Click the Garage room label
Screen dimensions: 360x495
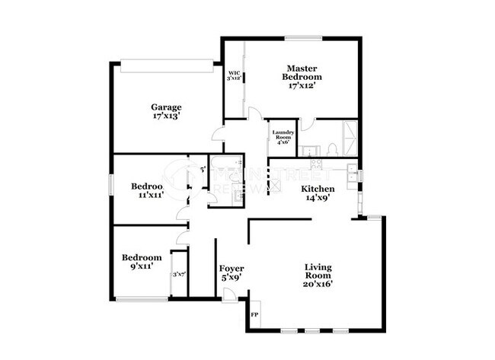(165, 107)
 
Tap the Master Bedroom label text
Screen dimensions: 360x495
(302, 72)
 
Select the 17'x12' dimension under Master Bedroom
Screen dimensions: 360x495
(302, 86)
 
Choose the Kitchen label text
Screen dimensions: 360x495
(318, 188)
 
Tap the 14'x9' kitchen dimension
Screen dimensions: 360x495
(318, 198)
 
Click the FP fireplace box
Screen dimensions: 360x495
(254, 311)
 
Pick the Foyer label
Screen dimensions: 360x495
(232, 269)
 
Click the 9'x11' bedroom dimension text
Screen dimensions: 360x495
(142, 267)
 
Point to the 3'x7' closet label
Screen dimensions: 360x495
(180, 274)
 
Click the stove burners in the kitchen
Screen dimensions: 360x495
(315, 163)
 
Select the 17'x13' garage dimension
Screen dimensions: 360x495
(165, 117)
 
